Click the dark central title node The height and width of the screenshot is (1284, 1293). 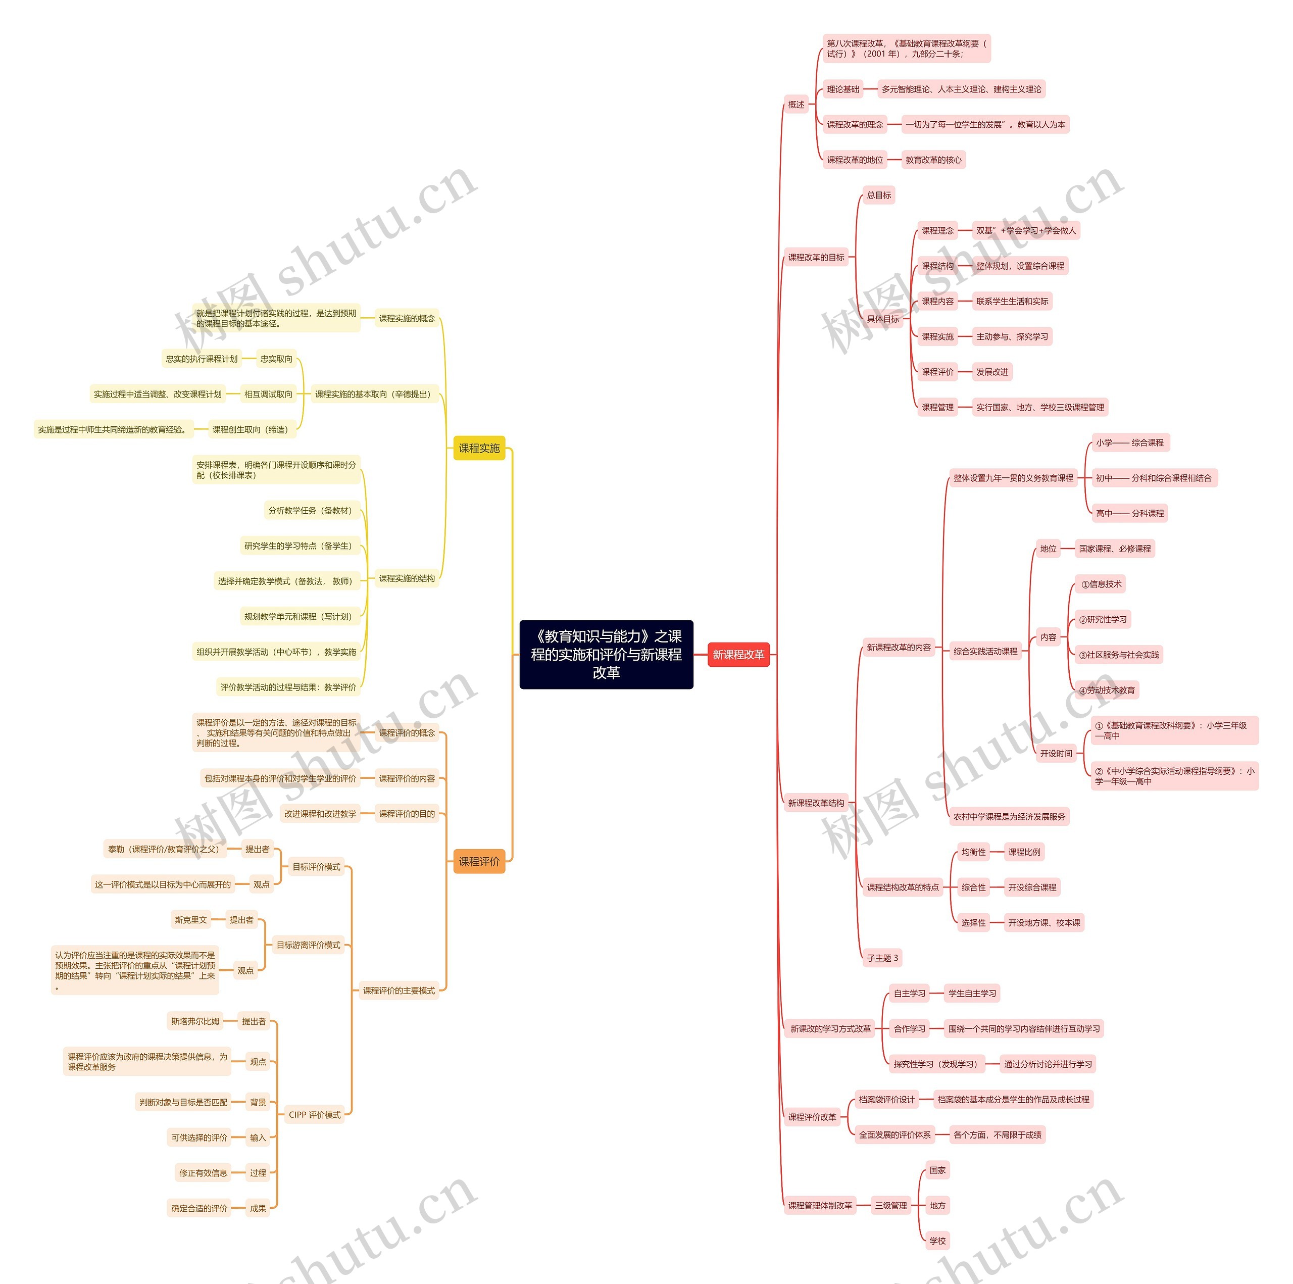tap(606, 654)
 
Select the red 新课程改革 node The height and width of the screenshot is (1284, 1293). tap(738, 654)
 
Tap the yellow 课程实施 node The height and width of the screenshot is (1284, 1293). tap(479, 448)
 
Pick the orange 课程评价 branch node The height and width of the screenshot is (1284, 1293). tap(479, 861)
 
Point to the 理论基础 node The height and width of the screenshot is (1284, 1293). tap(842, 89)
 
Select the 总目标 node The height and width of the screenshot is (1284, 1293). tap(879, 195)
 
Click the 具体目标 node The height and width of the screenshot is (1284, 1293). tap(883, 319)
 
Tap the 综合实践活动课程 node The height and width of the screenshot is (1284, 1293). tap(985, 651)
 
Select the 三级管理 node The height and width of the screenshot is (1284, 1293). tap(891, 1206)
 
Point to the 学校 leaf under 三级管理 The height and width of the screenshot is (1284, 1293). tap(937, 1241)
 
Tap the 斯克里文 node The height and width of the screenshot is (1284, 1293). tap(191, 920)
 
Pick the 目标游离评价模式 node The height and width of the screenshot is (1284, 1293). tap(309, 945)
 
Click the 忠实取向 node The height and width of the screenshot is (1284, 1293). tap(276, 359)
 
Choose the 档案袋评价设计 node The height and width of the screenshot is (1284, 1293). tap(886, 1099)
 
